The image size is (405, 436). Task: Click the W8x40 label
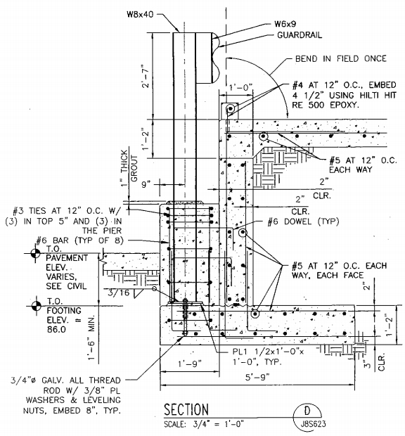pyautogui.click(x=140, y=15)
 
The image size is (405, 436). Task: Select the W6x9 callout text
pyautogui.click(x=285, y=24)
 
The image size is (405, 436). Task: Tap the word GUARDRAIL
pyautogui.click(x=300, y=35)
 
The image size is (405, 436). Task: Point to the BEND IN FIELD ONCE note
pyautogui.click(x=341, y=58)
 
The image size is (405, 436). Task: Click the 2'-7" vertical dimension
pyautogui.click(x=146, y=76)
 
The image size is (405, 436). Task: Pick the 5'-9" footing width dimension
pyautogui.click(x=257, y=377)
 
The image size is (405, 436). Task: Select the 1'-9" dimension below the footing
pyautogui.click(x=190, y=364)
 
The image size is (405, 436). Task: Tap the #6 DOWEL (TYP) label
pyautogui.click(x=303, y=222)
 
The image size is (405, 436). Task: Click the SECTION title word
pyautogui.click(x=186, y=409)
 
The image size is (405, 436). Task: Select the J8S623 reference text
pyautogui.click(x=313, y=424)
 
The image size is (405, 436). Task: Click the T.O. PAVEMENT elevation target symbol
pyautogui.click(x=35, y=253)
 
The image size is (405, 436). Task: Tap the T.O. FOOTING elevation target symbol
pyautogui.click(x=36, y=306)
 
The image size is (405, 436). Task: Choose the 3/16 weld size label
pyautogui.click(x=118, y=293)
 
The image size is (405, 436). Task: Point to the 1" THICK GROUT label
pyautogui.click(x=129, y=168)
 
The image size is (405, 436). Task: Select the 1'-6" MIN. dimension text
pyautogui.click(x=91, y=338)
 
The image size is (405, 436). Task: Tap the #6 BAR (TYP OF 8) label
pyautogui.click(x=79, y=241)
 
